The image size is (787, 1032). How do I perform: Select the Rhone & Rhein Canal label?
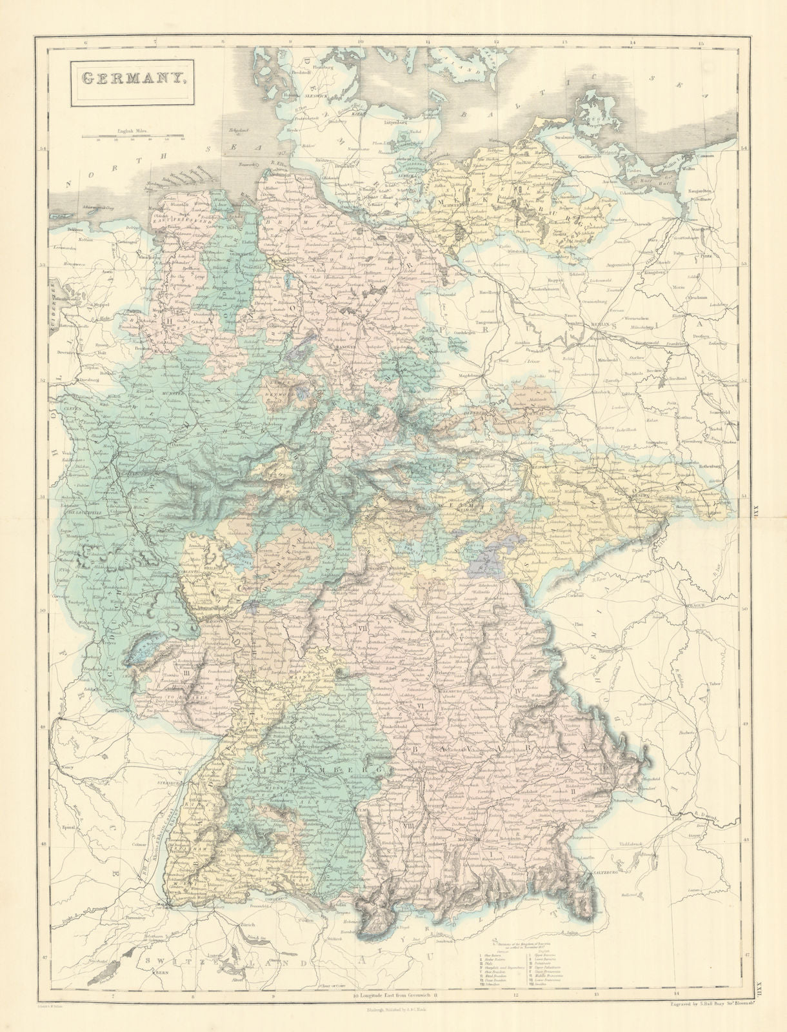pos(152,845)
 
